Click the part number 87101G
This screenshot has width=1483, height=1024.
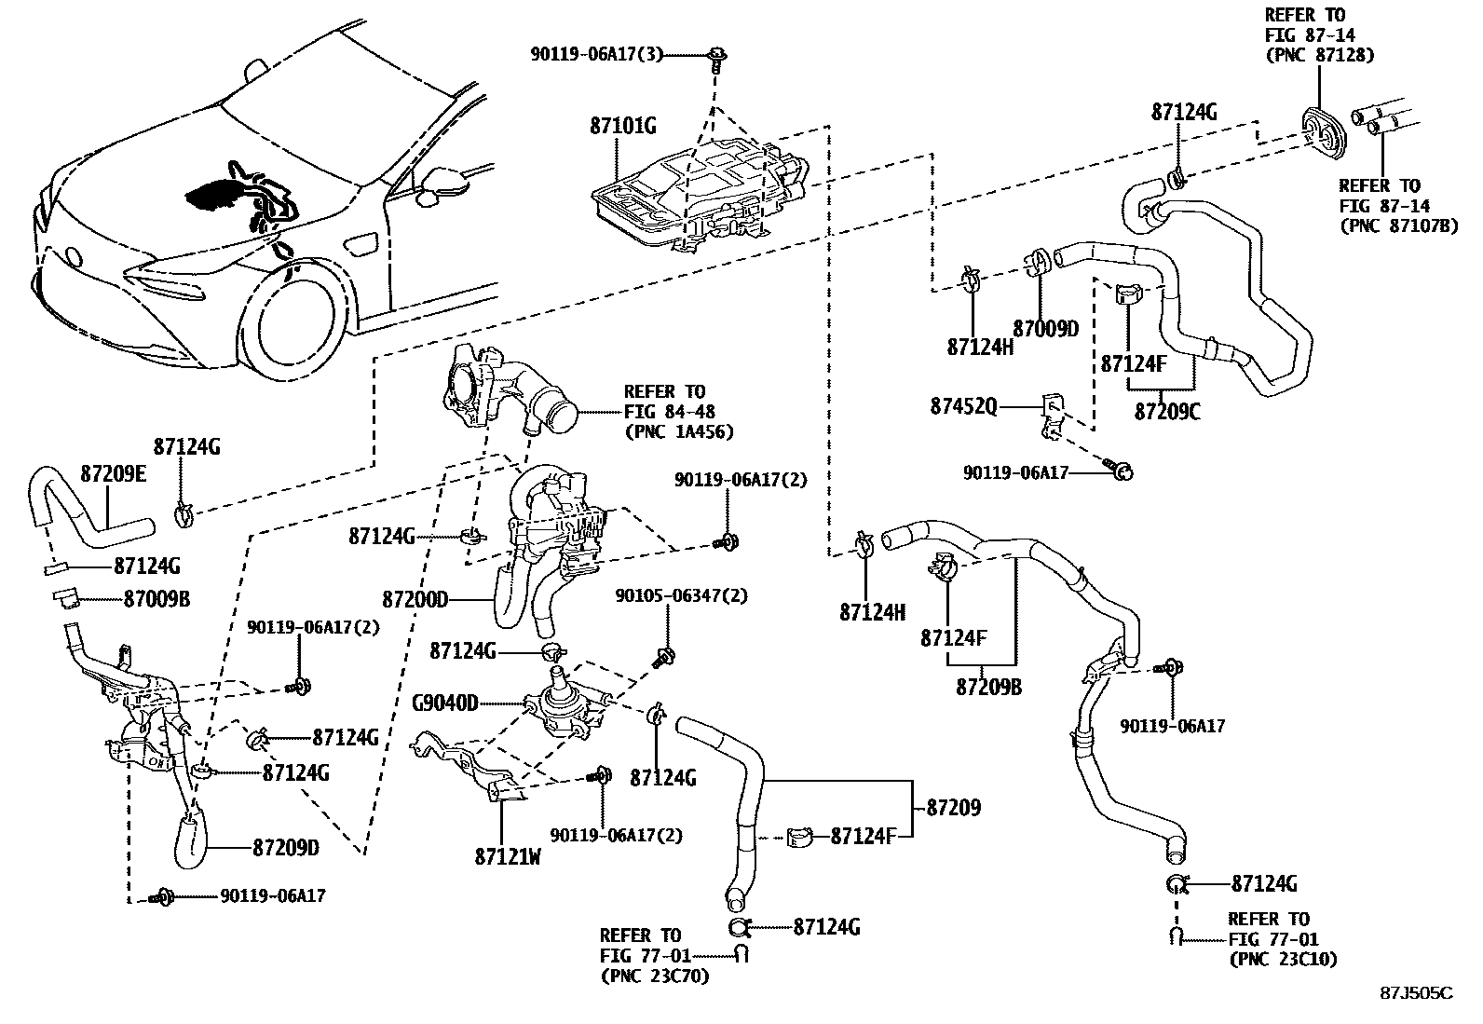[622, 126]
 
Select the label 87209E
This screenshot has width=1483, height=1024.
[113, 473]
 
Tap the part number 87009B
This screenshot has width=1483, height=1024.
[156, 599]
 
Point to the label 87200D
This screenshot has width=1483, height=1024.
[415, 599]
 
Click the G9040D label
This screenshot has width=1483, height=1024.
[444, 703]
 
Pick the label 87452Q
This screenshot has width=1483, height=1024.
[963, 406]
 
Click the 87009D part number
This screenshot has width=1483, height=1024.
[1045, 329]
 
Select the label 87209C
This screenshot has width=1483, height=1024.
[1166, 411]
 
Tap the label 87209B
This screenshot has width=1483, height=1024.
[988, 687]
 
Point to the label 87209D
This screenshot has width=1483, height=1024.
[285, 849]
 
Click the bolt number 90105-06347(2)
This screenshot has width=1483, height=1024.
[680, 595]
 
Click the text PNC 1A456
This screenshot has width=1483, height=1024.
[678, 431]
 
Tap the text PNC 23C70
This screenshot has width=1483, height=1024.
[654, 976]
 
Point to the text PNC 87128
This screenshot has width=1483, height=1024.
[1319, 55]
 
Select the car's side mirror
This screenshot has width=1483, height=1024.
[438, 184]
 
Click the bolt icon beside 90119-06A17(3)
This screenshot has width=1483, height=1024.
[717, 56]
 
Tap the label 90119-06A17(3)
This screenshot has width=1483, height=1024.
[596, 55]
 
